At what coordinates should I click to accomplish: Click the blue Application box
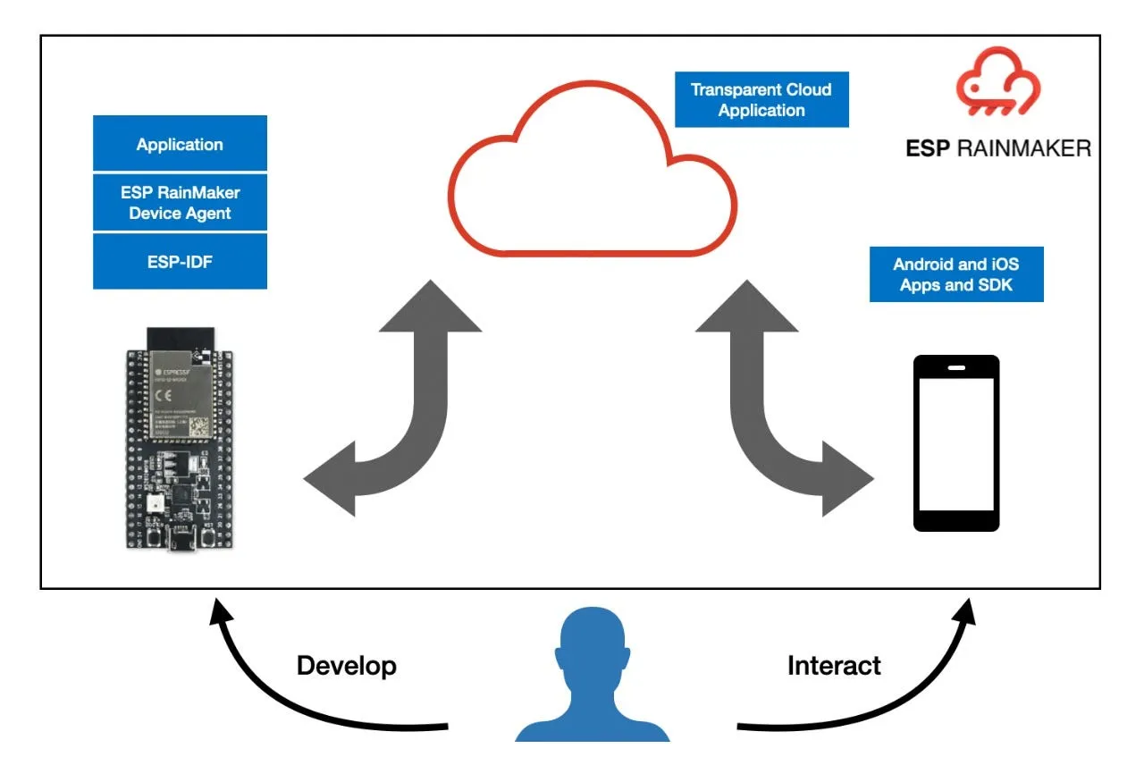click(x=180, y=144)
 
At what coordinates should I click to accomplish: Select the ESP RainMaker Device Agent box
click(x=180, y=203)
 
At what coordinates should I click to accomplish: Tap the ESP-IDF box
click(x=180, y=262)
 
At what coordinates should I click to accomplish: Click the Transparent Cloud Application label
click(x=761, y=100)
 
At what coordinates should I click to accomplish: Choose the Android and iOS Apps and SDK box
click(x=955, y=274)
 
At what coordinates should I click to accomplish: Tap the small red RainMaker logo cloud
click(x=998, y=86)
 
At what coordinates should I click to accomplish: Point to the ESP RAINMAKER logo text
click(x=997, y=148)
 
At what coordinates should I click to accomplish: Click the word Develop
click(x=346, y=666)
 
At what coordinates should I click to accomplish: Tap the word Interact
click(x=833, y=666)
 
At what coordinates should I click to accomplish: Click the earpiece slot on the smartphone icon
click(x=955, y=366)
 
